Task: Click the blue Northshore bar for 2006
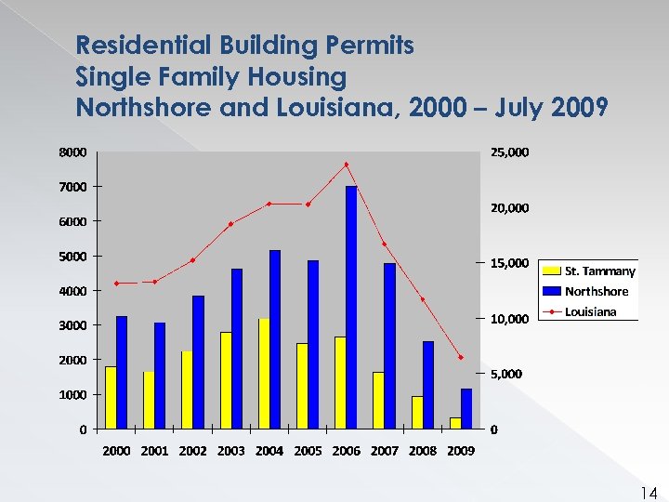click(x=351, y=307)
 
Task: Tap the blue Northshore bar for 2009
click(x=466, y=409)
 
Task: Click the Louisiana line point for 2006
click(x=347, y=165)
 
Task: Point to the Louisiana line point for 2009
click(x=460, y=357)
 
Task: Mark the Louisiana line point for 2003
click(x=230, y=223)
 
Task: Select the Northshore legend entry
click(x=596, y=291)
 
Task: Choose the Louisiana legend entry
click(x=590, y=311)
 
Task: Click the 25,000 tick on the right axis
click(x=510, y=152)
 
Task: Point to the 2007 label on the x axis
click(x=384, y=451)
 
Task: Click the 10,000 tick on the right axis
click(x=510, y=319)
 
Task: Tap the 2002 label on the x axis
click(x=192, y=451)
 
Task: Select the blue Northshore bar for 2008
click(x=428, y=385)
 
